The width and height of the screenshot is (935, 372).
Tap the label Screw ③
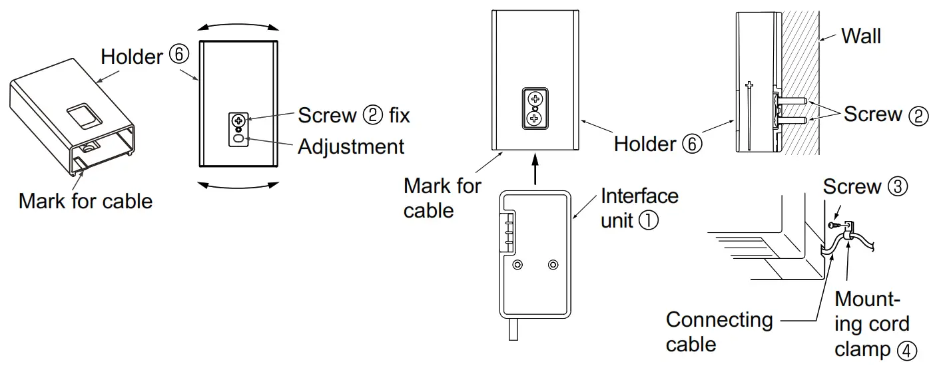click(864, 187)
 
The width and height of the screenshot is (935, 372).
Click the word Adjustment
click(350, 146)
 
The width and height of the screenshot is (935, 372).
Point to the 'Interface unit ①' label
click(639, 208)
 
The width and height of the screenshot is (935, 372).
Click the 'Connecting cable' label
click(719, 331)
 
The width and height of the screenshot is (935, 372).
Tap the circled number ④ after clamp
click(905, 350)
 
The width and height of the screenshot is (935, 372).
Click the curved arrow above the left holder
click(239, 25)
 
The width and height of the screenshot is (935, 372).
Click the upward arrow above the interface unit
click(535, 170)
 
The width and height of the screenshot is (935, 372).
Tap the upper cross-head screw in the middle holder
click(535, 99)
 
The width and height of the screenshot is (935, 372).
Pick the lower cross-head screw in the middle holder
click(535, 118)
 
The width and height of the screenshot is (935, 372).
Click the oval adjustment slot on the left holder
click(238, 139)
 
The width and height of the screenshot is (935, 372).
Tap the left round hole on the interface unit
click(517, 265)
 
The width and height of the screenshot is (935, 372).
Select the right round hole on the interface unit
click(552, 265)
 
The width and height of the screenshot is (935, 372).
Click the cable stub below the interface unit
click(513, 330)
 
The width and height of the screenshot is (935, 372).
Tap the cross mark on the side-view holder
click(749, 85)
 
